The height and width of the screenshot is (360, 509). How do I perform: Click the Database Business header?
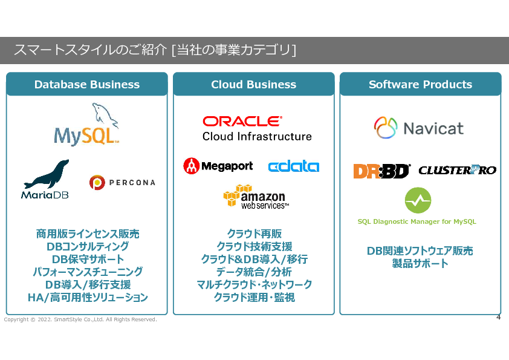(86, 85)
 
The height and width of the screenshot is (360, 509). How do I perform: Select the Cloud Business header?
(253, 85)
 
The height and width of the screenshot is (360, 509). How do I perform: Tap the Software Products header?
(420, 85)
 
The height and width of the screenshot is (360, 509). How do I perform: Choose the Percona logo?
(122, 182)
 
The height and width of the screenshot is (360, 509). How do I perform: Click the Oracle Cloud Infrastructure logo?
(257, 128)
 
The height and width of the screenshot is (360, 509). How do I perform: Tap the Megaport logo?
(218, 166)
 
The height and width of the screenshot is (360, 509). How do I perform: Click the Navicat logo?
(419, 128)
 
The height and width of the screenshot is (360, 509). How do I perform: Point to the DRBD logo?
(381, 171)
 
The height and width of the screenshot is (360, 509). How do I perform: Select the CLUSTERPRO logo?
(457, 171)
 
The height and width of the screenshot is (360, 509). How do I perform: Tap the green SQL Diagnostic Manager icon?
(418, 200)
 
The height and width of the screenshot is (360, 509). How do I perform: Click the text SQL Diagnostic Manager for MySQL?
(417, 221)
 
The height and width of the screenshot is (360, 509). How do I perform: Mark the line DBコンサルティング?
(87, 247)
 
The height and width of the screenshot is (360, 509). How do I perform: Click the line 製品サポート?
(420, 264)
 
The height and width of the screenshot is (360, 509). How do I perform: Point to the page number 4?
(498, 317)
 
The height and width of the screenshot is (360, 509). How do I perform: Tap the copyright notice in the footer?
(80, 319)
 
